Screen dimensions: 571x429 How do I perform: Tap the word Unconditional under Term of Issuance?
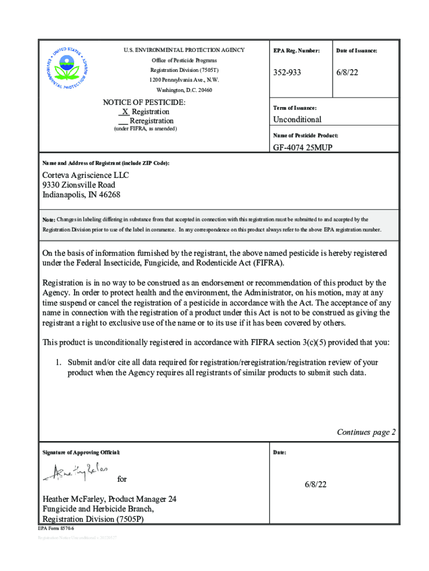coord(297,119)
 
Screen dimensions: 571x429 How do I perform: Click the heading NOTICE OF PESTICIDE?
coord(144,103)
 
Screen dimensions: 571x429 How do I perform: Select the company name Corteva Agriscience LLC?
coord(86,175)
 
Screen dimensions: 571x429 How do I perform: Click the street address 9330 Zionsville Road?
coord(79,185)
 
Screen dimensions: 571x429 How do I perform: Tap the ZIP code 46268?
coord(109,195)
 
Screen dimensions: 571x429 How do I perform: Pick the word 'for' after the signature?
coord(122,479)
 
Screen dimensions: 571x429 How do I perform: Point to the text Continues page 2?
coord(366,432)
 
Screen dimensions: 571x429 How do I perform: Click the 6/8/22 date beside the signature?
coord(315,485)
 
